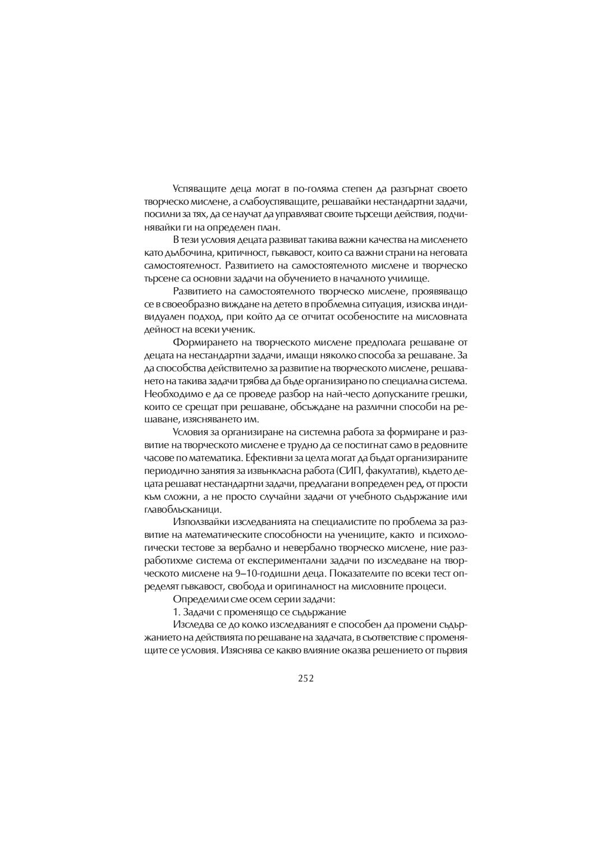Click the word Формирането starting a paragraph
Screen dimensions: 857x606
pos(203,342)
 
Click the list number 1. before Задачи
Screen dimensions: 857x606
pos(175,611)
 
